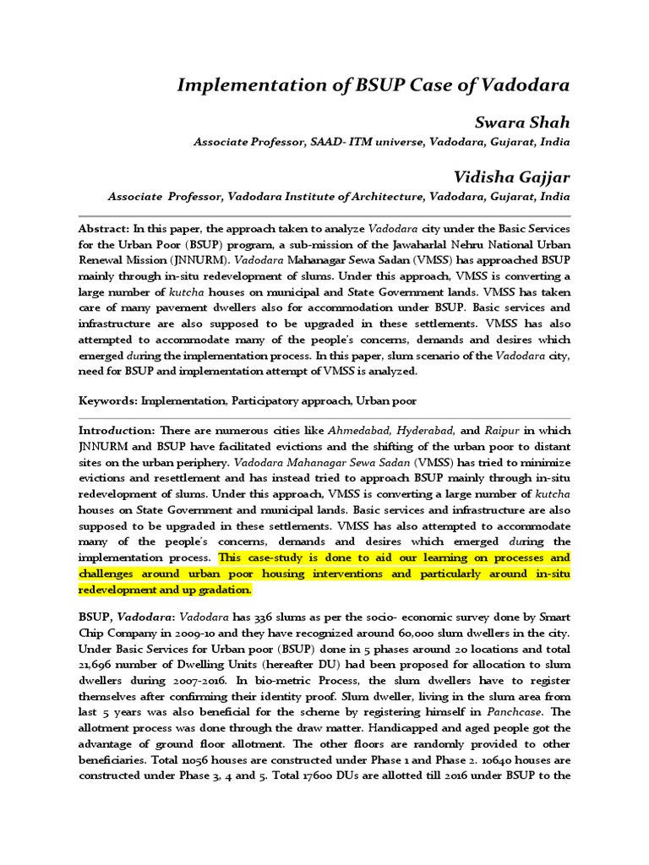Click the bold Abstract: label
click(x=104, y=230)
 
